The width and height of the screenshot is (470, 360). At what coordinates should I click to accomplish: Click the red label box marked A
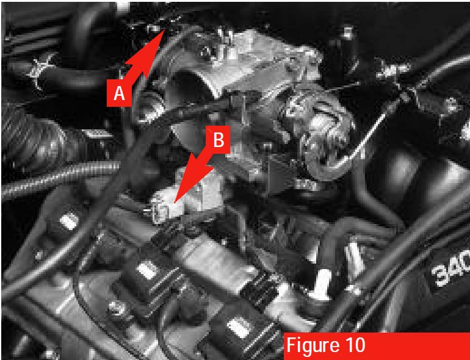pos(119,93)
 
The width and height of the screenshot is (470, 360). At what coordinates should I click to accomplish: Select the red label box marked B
pos(219,140)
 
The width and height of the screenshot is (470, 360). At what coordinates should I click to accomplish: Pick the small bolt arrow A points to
pos(155,28)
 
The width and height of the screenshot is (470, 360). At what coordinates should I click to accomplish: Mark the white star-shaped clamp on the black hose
pos(40,70)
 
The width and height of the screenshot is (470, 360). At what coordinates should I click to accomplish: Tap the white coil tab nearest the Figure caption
pos(240,328)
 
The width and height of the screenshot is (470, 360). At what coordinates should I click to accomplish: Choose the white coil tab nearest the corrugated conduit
pos(68,222)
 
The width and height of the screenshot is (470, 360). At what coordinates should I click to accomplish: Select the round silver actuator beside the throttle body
pos(324,135)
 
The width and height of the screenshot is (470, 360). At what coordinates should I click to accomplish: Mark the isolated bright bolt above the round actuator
pos(348,33)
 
